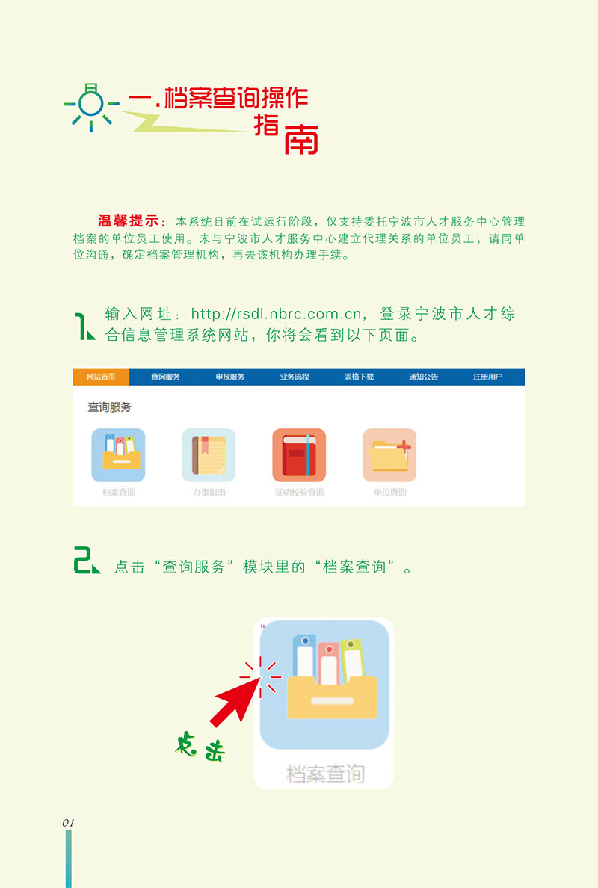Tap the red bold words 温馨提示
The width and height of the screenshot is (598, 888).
point(128,221)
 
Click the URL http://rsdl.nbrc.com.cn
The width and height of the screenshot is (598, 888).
point(277,313)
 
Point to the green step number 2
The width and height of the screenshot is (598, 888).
point(86,561)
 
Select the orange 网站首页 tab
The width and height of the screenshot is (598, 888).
point(101,377)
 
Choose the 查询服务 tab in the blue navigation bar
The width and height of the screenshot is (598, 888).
point(165,377)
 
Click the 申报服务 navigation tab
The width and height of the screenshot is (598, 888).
point(229,377)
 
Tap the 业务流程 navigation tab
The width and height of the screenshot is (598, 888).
point(295,377)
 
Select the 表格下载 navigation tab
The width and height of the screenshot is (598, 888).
point(359,377)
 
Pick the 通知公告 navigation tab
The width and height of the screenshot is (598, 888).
point(423,377)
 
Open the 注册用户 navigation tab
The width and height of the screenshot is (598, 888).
point(488,377)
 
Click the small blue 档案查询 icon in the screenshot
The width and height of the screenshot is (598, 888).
point(118,454)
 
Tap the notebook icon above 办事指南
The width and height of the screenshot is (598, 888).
point(209,454)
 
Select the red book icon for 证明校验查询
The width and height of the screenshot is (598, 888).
point(299,454)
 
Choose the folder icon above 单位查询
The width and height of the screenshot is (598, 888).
point(389,454)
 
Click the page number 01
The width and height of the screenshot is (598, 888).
point(68,822)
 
